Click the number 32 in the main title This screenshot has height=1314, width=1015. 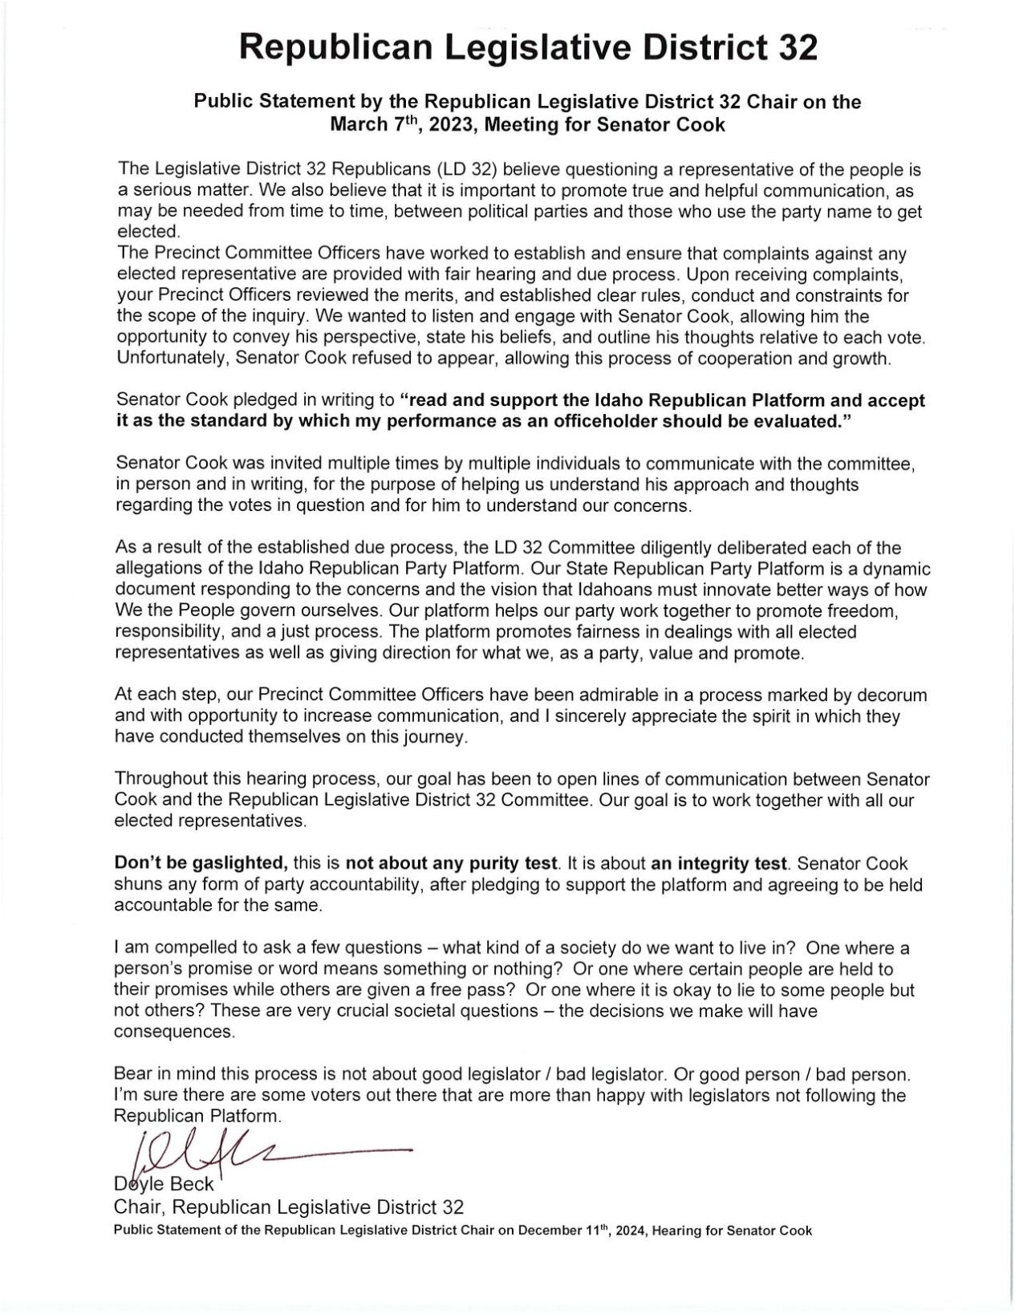click(x=796, y=49)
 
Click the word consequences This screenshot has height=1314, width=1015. click(x=174, y=1032)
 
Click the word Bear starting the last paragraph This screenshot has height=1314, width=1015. click(x=133, y=1073)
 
